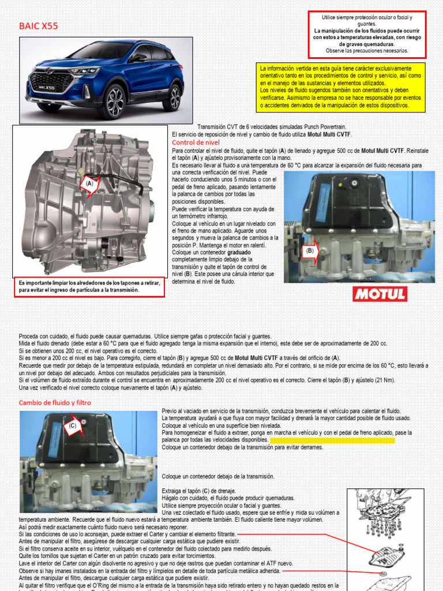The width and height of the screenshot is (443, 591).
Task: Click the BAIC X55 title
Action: (39, 26)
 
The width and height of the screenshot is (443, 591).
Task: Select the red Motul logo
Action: (379, 294)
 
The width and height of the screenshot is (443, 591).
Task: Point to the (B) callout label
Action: (310, 250)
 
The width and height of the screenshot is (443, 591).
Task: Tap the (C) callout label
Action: (72, 426)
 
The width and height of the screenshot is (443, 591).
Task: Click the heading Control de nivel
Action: (196, 142)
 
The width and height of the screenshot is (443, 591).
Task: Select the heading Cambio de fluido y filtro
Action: (54, 402)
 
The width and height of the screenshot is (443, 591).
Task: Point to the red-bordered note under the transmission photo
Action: (89, 287)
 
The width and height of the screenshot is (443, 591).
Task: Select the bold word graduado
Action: (239, 253)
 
